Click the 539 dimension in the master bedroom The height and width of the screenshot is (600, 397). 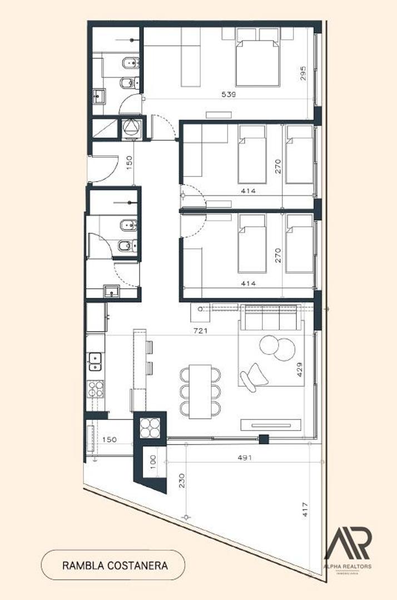(229, 94)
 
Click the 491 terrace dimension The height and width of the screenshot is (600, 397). (245, 458)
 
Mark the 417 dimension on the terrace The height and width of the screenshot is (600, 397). (304, 509)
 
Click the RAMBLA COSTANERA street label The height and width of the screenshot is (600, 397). (115, 565)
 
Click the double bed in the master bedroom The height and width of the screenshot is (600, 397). (258, 62)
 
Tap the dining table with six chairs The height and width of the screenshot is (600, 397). (200, 391)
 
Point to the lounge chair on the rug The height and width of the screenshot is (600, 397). (254, 374)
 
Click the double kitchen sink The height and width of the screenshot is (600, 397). (95, 361)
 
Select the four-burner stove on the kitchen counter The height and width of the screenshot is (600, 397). (96, 388)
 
